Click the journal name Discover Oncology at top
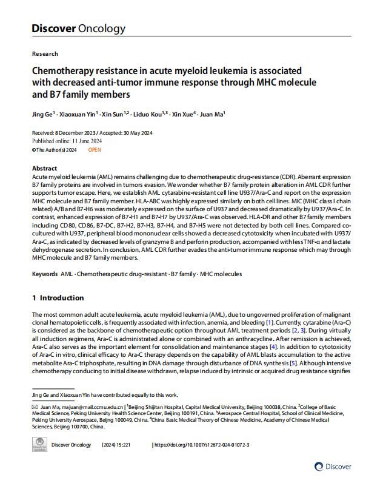[79, 29]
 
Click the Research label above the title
[45, 53]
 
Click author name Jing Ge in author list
[43, 114]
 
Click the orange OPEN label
[95, 149]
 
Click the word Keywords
[45, 274]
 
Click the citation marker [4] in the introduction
[274, 346]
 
